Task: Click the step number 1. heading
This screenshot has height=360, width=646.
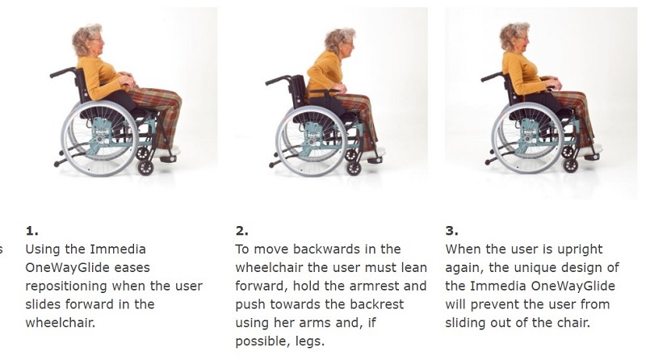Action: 31,230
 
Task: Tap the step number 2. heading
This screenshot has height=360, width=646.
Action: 242,230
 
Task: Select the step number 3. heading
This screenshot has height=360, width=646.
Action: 452,230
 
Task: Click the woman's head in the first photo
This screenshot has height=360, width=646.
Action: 86,40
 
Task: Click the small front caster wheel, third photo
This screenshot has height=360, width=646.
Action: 570,165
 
